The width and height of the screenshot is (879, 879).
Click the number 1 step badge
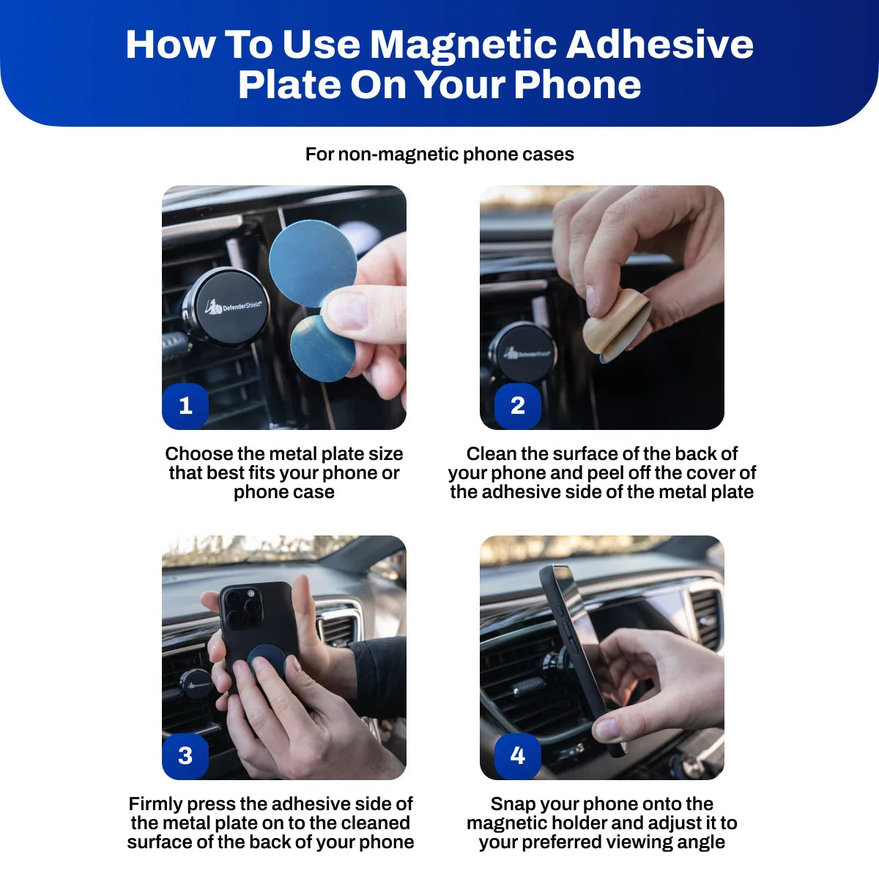click(185, 405)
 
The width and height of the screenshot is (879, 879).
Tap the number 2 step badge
click(518, 405)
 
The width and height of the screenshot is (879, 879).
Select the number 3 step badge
click(185, 755)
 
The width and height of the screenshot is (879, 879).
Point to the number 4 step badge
click(518, 755)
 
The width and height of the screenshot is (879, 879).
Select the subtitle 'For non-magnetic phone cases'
click(439, 155)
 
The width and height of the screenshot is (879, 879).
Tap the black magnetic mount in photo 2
click(522, 353)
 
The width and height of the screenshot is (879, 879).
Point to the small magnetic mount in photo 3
click(196, 684)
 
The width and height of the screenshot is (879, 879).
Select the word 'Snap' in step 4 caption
click(512, 804)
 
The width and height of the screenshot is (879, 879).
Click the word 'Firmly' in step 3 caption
click(155, 804)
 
